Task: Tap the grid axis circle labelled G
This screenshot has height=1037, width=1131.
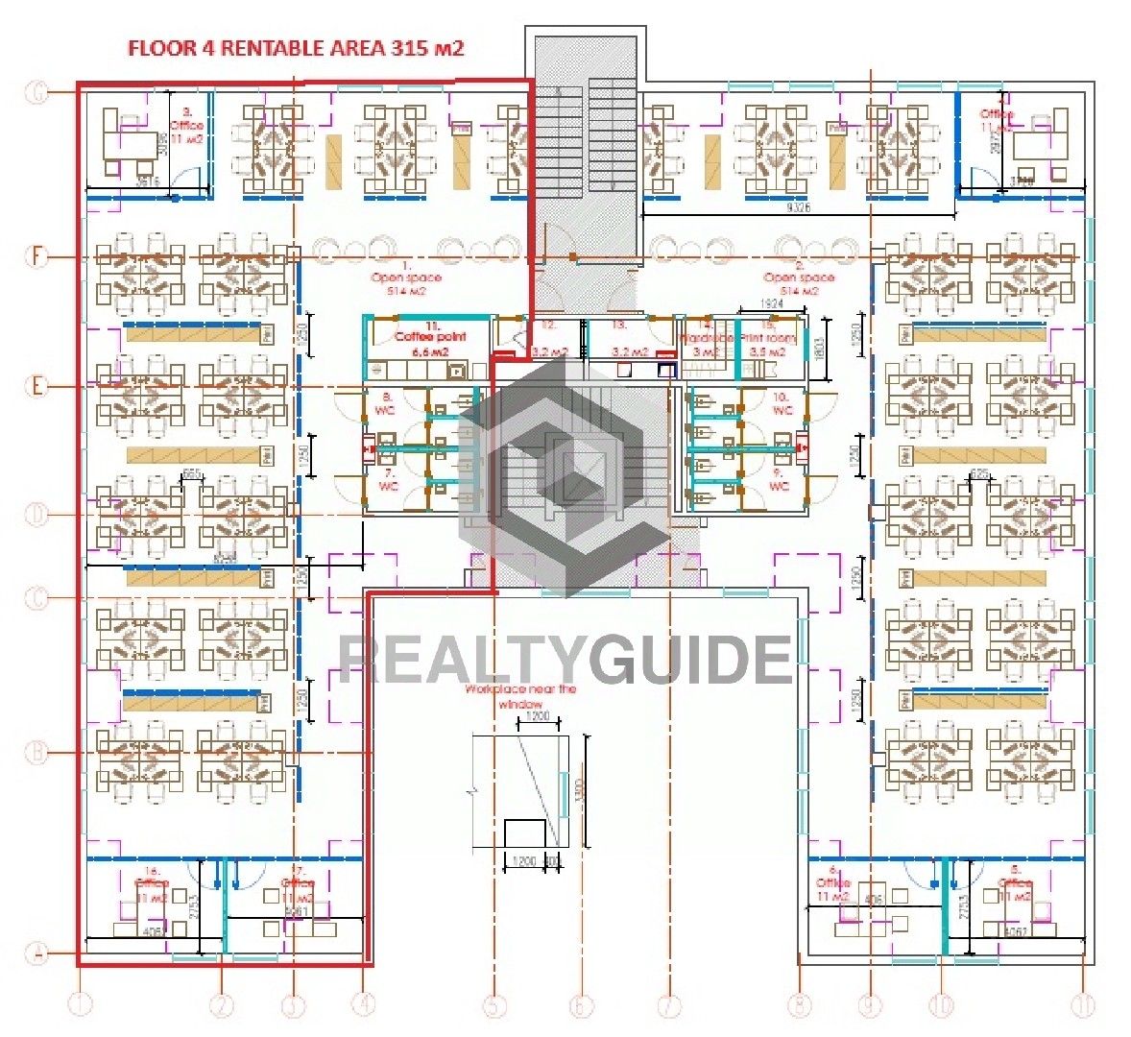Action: pos(36,93)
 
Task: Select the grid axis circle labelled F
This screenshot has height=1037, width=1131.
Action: pos(36,256)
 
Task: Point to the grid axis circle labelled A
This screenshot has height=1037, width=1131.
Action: pos(36,954)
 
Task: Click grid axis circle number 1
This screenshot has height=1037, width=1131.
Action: pos(82,1005)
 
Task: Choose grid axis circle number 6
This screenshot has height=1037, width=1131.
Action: pos(581,1005)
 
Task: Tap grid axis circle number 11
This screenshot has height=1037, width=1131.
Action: pos(1082,1005)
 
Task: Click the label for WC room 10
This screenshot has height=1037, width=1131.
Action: pos(782,403)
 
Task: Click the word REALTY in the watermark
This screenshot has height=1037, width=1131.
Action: pos(461,660)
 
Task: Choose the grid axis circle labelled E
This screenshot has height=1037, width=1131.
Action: pos(36,387)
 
